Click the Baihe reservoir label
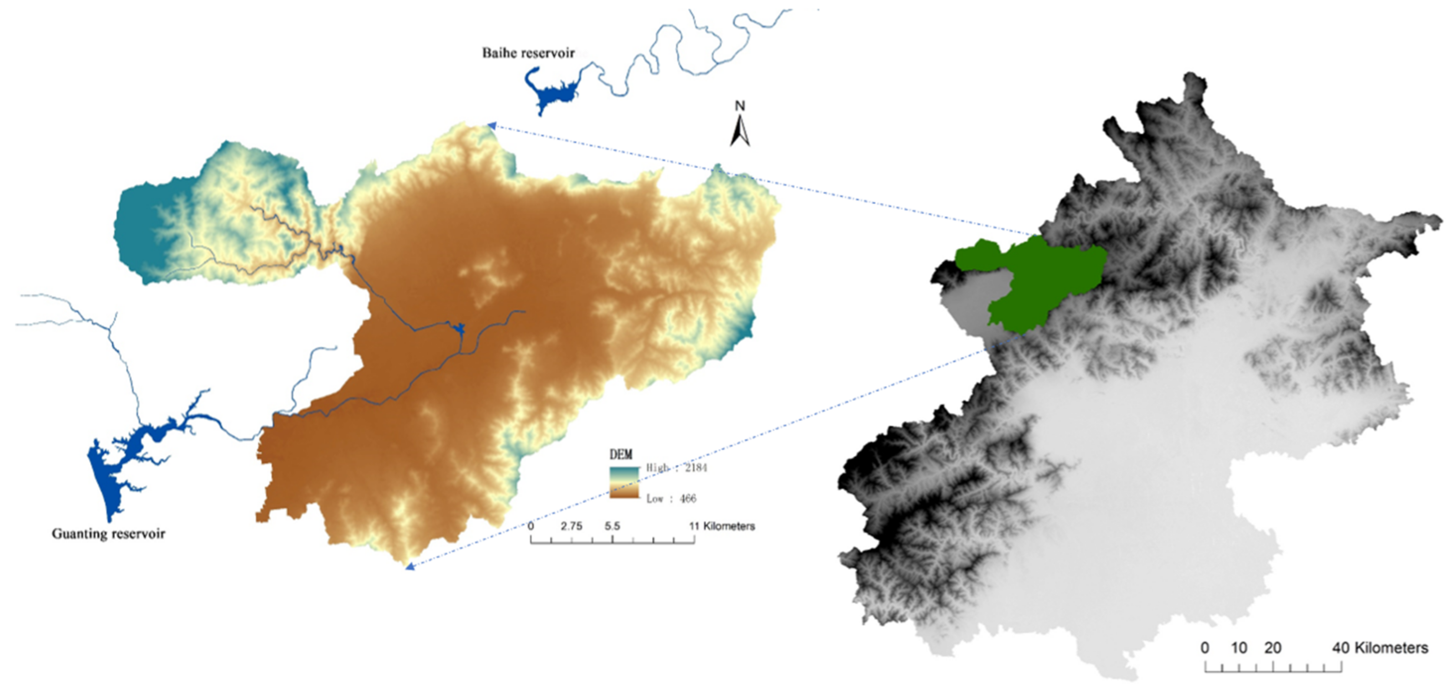(x=528, y=53)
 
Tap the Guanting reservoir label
(x=108, y=534)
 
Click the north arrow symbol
(x=740, y=131)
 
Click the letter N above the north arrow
(x=740, y=106)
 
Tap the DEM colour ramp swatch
(x=624, y=482)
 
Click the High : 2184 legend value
(x=677, y=468)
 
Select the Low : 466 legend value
(x=671, y=499)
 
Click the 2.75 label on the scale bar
(x=571, y=526)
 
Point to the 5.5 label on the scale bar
(x=612, y=526)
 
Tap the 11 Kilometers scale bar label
(x=722, y=526)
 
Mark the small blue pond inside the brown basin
(x=458, y=328)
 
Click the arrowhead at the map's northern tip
(x=492, y=126)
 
